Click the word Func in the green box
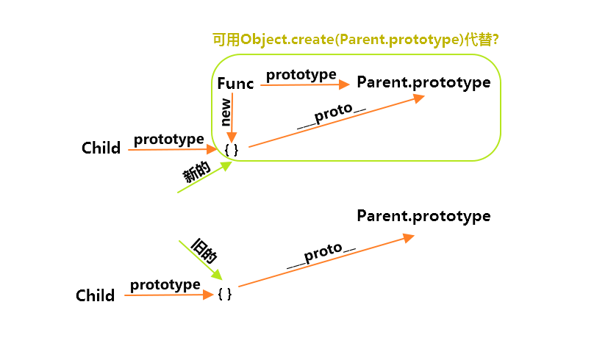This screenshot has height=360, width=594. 235,83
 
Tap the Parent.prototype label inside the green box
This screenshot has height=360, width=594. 423,82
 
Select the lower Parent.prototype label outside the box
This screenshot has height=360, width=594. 423,216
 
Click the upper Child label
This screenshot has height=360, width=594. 101,148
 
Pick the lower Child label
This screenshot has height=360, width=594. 95,295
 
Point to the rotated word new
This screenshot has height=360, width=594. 226,112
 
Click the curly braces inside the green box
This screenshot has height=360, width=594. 232,150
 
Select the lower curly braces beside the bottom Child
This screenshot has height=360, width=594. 225,294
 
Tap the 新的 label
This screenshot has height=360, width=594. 196,171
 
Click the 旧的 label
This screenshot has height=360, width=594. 204,251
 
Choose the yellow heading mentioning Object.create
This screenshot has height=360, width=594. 355,40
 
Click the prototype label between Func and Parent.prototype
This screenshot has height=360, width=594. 301,75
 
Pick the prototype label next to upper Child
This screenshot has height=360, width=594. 169,140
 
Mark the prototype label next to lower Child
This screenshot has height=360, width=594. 165,284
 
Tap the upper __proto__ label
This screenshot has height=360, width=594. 332,115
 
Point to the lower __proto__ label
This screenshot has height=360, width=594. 321,255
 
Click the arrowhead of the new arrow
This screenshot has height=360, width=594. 232,137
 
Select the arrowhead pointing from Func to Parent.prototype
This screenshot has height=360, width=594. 344,84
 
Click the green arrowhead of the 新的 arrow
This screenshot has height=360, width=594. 226,166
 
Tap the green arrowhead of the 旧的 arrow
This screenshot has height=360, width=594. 217,275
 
